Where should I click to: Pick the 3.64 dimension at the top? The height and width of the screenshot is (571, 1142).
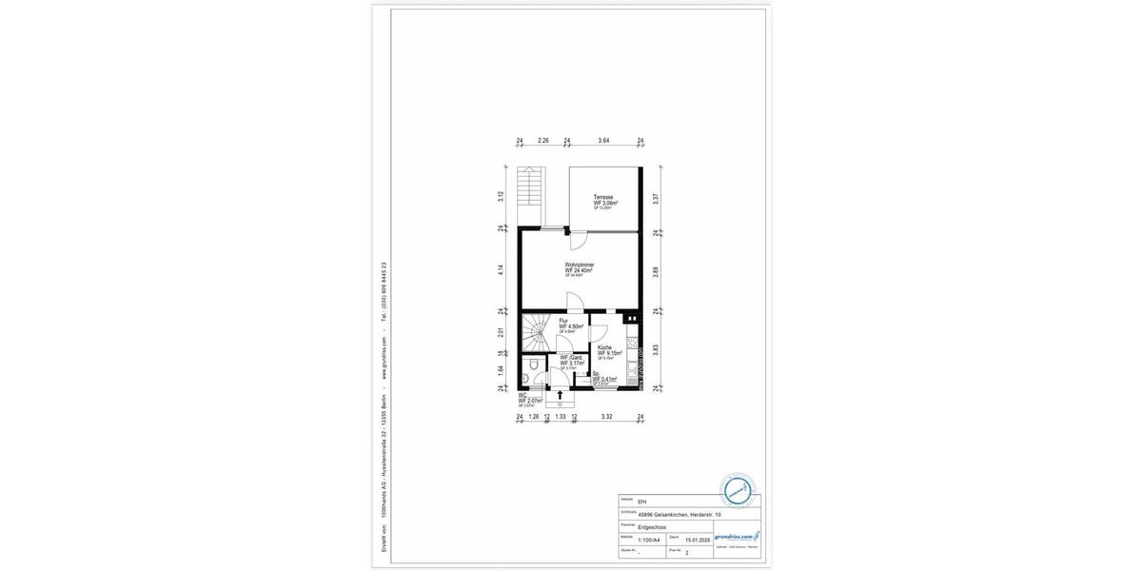coord(603,141)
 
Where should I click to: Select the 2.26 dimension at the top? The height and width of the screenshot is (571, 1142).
coord(542,141)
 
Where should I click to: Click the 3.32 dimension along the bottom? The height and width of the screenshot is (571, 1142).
coord(607,417)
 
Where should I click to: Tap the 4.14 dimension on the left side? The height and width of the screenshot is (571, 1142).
coord(501,270)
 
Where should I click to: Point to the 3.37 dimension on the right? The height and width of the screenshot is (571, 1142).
coord(656,198)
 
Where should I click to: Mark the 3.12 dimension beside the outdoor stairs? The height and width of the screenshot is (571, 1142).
coord(501,197)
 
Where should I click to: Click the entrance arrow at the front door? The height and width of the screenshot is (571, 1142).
coord(560,394)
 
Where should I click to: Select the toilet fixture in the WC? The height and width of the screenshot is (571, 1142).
coord(534,364)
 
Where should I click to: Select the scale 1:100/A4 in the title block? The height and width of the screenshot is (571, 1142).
coord(649,540)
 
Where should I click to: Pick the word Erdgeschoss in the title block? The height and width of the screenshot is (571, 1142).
coord(652,526)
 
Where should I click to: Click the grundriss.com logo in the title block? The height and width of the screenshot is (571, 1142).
coord(737,537)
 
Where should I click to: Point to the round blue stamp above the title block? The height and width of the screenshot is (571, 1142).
coord(738,490)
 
